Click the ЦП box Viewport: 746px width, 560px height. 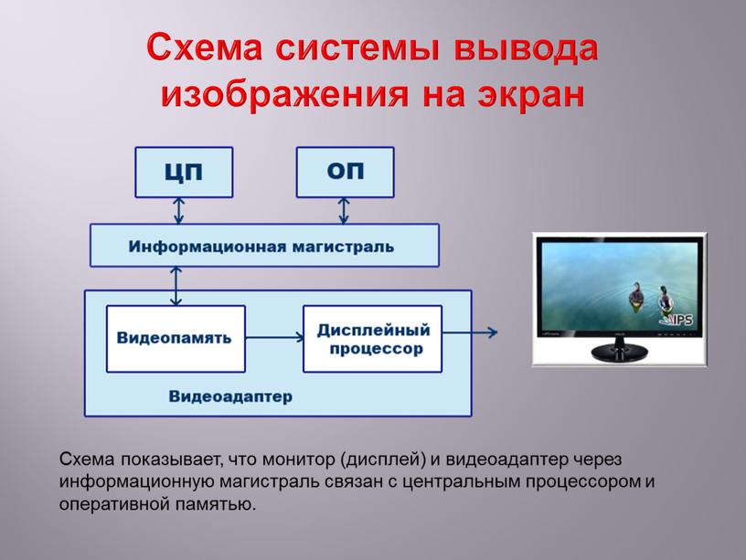(x=184, y=172)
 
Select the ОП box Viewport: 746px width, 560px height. (x=345, y=172)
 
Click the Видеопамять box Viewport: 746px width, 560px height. (x=175, y=338)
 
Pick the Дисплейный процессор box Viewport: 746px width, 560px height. (x=372, y=338)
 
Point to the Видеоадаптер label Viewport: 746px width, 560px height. (x=230, y=396)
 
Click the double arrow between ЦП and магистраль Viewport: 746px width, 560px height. (x=179, y=211)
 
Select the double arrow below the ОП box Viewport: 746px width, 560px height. (x=344, y=211)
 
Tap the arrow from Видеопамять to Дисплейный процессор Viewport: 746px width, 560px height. (x=274, y=337)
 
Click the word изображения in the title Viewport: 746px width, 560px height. (x=285, y=92)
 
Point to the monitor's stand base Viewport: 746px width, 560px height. (x=621, y=354)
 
